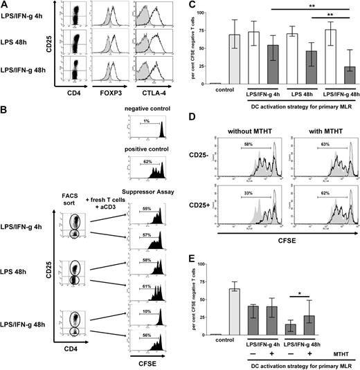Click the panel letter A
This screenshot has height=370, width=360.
6,5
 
